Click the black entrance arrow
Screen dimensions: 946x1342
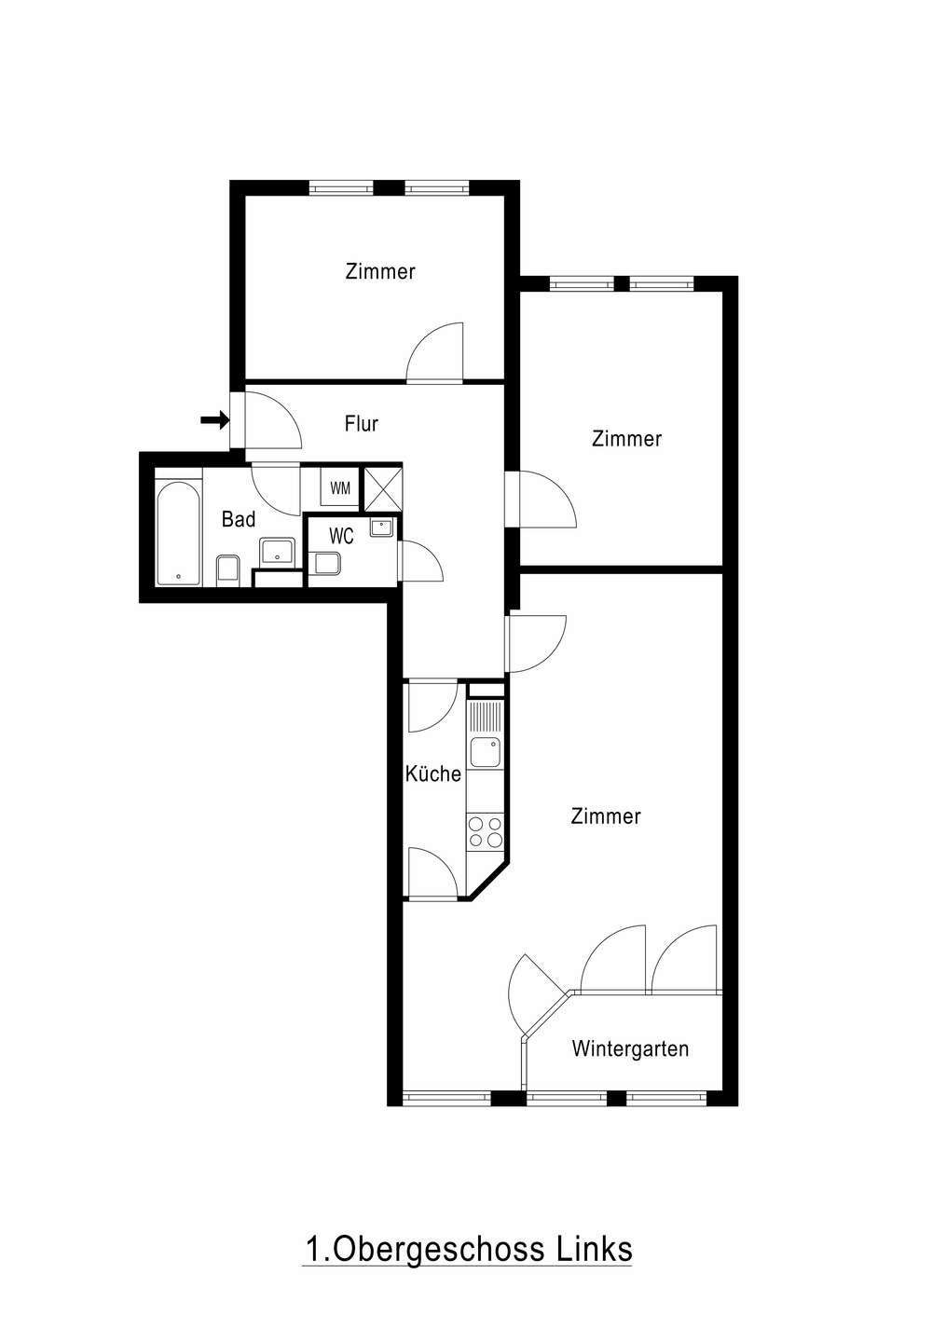pos(214,420)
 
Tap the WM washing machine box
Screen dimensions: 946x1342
pos(340,487)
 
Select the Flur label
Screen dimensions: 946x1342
pos(362,423)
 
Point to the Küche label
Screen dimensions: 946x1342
pos(433,774)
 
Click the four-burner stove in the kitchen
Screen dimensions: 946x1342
pos(486,832)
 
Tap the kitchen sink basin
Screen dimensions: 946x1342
pos(485,752)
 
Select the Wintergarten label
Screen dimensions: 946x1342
pos(630,1048)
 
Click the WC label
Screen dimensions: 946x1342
pos(341,536)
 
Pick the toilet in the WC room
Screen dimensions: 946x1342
pos(326,563)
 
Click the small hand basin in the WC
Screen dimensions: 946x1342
pos(381,527)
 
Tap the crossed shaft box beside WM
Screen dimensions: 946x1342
pos(381,487)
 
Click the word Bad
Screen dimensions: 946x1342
pos(239,519)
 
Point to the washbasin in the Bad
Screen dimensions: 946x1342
pos(278,551)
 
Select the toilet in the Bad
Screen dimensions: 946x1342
pos(227,568)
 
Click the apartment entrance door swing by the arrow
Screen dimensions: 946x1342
pos(272,420)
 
